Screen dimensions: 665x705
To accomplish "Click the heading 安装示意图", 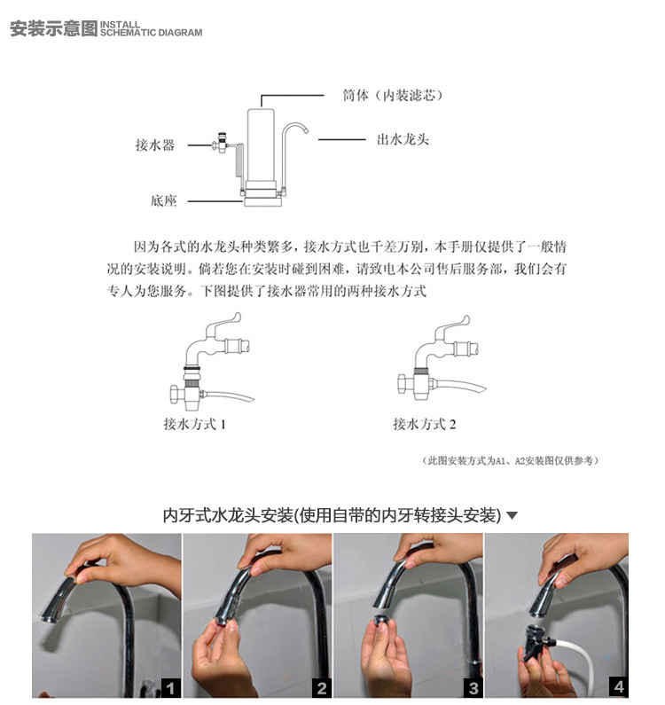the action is click(53, 28).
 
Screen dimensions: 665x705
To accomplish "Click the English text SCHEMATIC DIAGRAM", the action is click(151, 33).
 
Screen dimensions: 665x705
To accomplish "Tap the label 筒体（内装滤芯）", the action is click(393, 95).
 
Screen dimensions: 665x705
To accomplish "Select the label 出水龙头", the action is click(403, 139).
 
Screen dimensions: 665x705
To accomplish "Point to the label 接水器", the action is click(154, 145).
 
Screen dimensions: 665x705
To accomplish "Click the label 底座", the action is click(163, 200).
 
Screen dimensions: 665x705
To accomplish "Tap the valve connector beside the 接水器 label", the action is click(220, 143).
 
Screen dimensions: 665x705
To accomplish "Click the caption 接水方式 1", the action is click(195, 424).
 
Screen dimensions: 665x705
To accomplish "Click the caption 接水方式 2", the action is click(425, 424).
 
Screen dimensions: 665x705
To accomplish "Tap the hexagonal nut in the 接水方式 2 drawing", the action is click(404, 384).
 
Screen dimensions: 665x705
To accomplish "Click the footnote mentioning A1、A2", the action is click(511, 460).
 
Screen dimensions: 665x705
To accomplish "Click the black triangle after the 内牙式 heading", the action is click(512, 515).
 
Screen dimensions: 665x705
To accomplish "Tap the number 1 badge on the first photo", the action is click(171, 688).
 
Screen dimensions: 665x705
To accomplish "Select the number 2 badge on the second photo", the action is click(322, 688).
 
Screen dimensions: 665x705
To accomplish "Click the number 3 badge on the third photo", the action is click(473, 688).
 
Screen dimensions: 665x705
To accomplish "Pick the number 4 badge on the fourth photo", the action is click(619, 686).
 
